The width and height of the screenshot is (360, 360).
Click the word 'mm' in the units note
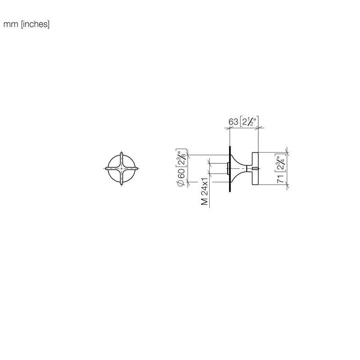(x=10, y=24)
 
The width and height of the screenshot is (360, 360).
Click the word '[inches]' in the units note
(x=35, y=24)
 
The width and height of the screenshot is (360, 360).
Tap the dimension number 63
(x=233, y=121)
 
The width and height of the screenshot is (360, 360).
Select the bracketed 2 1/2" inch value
(x=249, y=121)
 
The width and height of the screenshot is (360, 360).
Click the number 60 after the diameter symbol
(x=181, y=174)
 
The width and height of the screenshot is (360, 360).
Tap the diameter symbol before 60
(x=181, y=183)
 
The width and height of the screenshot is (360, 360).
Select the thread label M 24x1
(x=204, y=191)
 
